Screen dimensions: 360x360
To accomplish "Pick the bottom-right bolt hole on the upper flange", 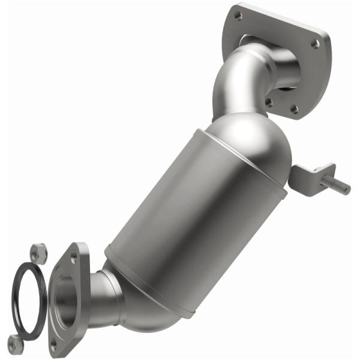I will (294, 109).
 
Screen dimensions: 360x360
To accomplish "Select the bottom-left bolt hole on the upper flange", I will (269, 103).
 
